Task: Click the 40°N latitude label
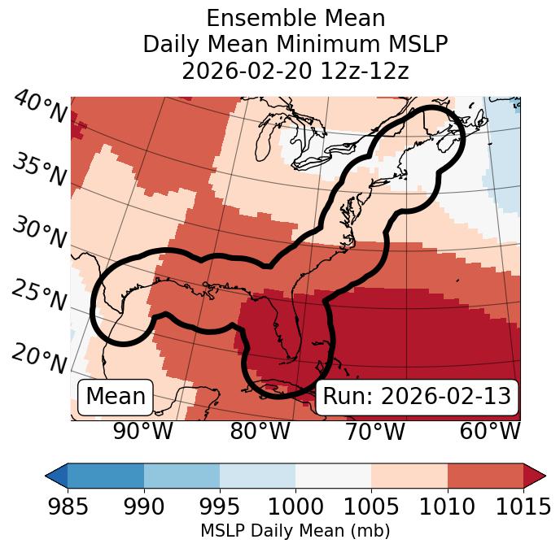tap(39, 108)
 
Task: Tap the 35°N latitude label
tap(39, 169)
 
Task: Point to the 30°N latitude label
tap(39, 233)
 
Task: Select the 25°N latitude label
tap(39, 296)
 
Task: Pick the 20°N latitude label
tap(39, 358)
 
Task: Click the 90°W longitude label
tap(143, 431)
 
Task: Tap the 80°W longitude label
tap(260, 431)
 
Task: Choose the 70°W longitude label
tap(374, 431)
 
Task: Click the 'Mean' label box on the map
tap(116, 397)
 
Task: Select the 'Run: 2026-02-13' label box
tap(417, 397)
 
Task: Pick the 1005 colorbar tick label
tap(371, 507)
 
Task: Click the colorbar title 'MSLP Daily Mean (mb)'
tap(295, 531)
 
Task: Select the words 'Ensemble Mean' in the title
tap(295, 18)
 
